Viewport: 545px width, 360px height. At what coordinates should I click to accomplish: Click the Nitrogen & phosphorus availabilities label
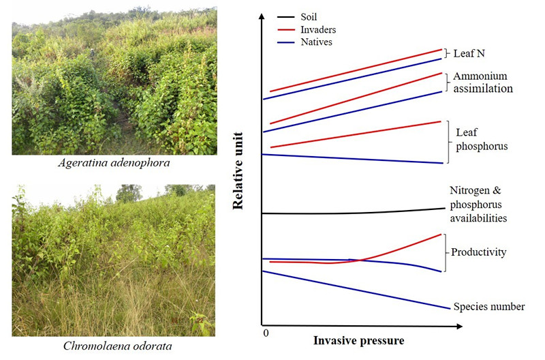478,205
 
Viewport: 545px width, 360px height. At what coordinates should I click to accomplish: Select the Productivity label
478,252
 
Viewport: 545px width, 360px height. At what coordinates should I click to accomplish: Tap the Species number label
488,307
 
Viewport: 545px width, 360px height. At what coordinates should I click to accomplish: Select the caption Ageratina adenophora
114,165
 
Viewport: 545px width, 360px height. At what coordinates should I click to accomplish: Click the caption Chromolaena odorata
114,346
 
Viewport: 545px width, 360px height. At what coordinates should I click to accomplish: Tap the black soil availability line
354,213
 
